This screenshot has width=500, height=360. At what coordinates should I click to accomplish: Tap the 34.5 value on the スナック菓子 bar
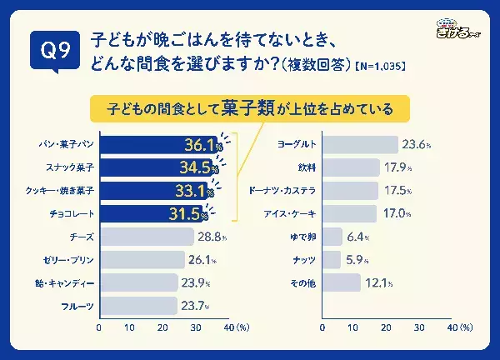197,168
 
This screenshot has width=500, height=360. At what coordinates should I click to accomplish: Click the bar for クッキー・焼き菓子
154,192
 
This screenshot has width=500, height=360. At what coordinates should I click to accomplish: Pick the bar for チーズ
146,237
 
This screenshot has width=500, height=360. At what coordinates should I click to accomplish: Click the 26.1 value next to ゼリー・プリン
201,260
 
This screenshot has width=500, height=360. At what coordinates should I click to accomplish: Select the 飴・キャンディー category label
65,283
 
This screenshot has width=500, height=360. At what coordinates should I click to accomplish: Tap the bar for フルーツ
138,306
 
